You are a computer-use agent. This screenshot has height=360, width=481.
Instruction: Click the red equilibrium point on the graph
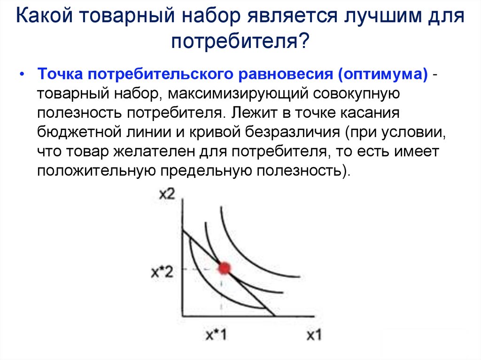click(224, 268)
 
